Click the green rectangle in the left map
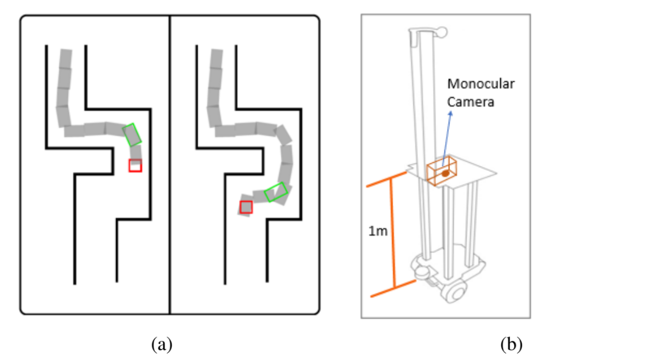click(132, 134)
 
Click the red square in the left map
click(135, 165)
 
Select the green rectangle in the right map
click(276, 193)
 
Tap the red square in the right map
click(246, 207)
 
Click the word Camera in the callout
click(471, 102)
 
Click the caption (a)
click(162, 344)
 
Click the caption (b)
click(512, 344)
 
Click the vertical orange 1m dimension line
click(391, 234)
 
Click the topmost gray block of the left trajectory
click(65, 59)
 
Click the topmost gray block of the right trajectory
click(216, 59)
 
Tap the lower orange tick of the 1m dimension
click(392, 289)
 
